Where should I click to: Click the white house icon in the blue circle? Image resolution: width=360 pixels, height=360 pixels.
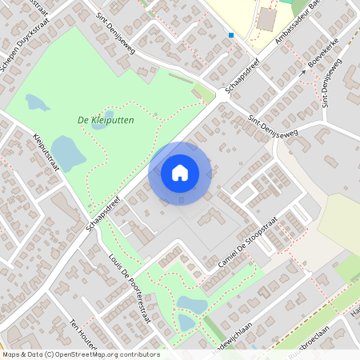(180, 172)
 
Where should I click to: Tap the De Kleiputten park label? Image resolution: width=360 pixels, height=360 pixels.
(106, 120)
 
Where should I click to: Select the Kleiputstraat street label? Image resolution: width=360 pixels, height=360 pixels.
(47, 152)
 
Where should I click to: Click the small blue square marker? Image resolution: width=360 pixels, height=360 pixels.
(231, 35)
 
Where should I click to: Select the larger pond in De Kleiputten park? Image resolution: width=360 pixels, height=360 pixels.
(68, 151)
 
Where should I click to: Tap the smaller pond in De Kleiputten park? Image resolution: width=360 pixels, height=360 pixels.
(37, 102)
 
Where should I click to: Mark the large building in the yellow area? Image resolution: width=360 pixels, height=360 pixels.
(266, 20)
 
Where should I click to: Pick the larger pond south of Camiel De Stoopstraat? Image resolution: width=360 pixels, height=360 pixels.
(192, 305)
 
